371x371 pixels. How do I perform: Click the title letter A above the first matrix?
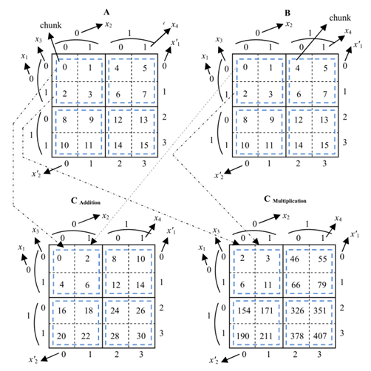coord(106,12)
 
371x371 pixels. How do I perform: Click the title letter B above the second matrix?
coord(287,13)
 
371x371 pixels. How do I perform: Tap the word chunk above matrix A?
coord(51,25)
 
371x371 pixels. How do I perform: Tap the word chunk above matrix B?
coord(340,18)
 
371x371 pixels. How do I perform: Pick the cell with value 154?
coord(244,310)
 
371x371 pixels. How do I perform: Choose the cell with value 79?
coord(322,285)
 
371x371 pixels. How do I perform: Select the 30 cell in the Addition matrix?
coord(141,336)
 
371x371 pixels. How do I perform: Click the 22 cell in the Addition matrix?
coord(86,336)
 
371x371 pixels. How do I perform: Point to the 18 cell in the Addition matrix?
coord(89,310)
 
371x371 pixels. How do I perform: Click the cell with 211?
coord(266,336)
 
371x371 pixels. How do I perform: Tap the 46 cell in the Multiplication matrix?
coord(295,259)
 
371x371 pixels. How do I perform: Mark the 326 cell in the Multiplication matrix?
coord(297,310)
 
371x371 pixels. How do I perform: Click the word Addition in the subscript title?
coord(90,202)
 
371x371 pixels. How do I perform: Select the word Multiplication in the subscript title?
coord(290,201)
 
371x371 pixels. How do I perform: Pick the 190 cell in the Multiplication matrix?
coord(243,336)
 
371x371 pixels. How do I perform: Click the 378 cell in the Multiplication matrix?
coord(297,336)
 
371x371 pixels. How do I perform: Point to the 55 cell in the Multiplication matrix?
coord(322,259)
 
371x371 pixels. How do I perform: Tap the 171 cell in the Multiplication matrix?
coord(267,310)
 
